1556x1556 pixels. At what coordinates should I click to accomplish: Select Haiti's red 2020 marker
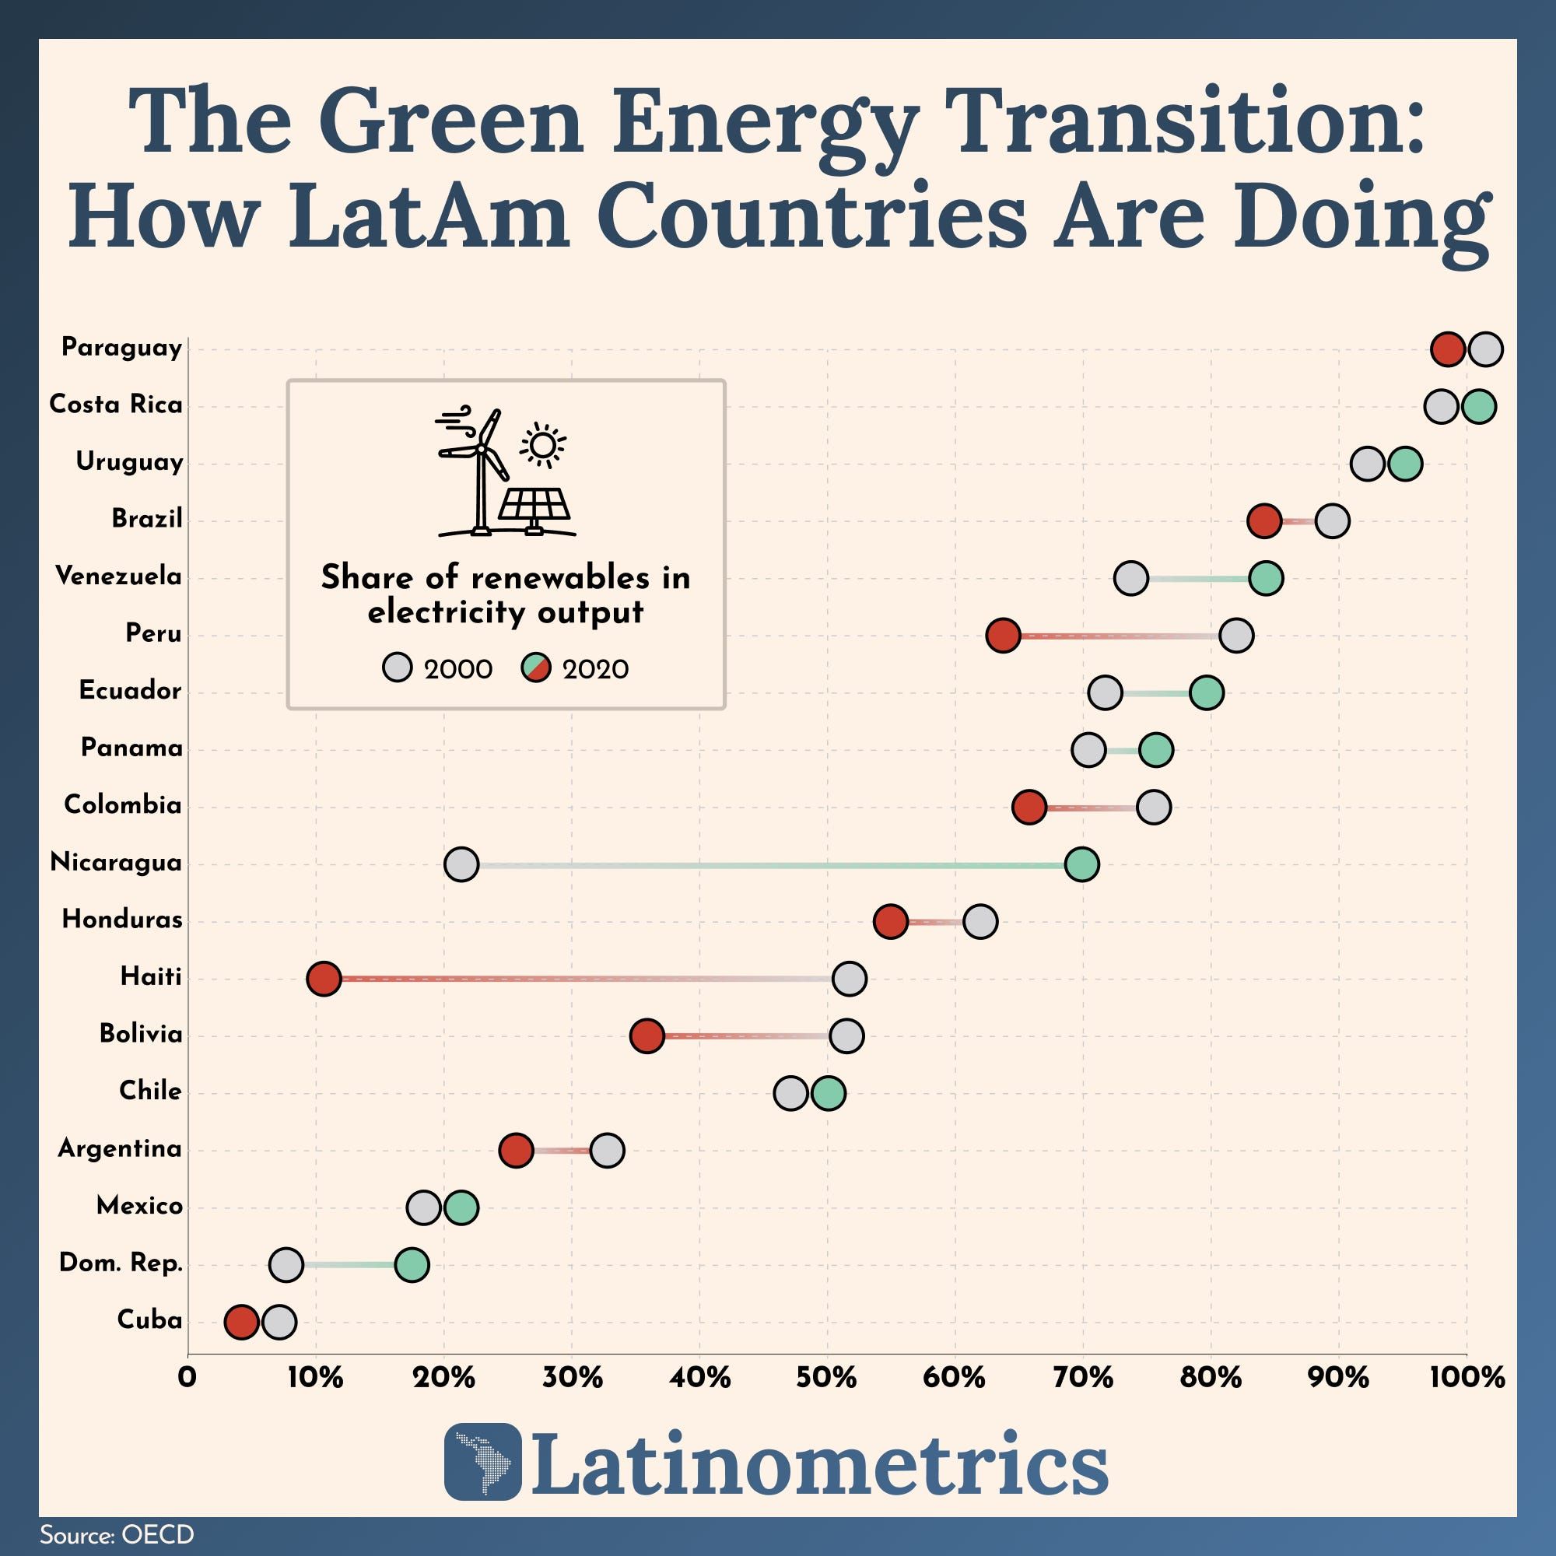pyautogui.click(x=324, y=980)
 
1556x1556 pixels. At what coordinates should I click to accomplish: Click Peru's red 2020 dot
pyautogui.click(x=1004, y=636)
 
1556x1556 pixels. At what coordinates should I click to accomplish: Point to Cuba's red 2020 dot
pyautogui.click(x=242, y=1323)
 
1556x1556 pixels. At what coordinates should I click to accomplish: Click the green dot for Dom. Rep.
pyautogui.click(x=412, y=1265)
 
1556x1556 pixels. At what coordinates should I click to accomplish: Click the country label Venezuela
pyautogui.click(x=118, y=576)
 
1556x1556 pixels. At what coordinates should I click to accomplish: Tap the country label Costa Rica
pyautogui.click(x=116, y=405)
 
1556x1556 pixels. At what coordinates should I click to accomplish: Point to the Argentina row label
pyautogui.click(x=120, y=1148)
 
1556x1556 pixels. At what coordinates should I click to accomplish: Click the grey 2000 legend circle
pyautogui.click(x=397, y=668)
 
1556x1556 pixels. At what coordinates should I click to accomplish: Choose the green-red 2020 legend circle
pyautogui.click(x=535, y=668)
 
